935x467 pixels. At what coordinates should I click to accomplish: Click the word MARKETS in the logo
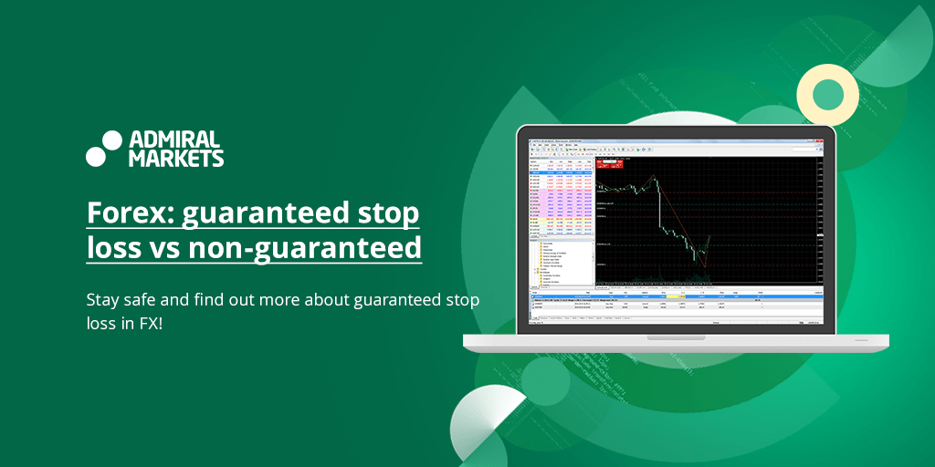(x=176, y=158)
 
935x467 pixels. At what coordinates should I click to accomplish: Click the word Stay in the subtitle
(x=102, y=300)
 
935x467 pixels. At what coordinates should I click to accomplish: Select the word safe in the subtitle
(x=143, y=300)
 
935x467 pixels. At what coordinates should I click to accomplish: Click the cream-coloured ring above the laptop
(x=827, y=94)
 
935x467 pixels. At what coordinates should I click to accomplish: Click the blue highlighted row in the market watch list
(x=561, y=170)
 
